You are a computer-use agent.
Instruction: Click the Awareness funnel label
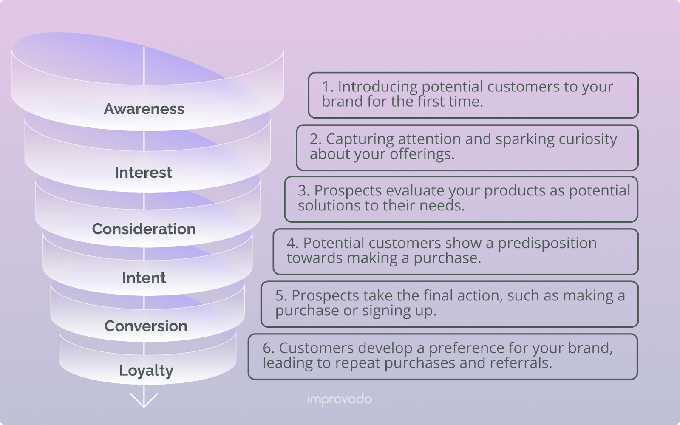click(x=144, y=109)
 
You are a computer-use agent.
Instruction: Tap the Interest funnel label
click(x=143, y=173)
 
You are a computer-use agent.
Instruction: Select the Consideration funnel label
click(x=144, y=229)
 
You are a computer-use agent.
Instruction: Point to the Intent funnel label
click(x=144, y=278)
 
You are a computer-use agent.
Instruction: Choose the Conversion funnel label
click(x=146, y=326)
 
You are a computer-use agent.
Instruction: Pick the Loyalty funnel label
click(x=146, y=371)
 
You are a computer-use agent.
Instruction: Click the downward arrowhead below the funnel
click(x=144, y=400)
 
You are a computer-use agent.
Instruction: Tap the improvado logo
click(x=340, y=399)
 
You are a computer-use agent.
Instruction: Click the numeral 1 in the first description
click(x=326, y=87)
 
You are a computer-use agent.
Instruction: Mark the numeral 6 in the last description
click(x=267, y=348)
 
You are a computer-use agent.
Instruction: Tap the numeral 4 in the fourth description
click(x=291, y=243)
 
